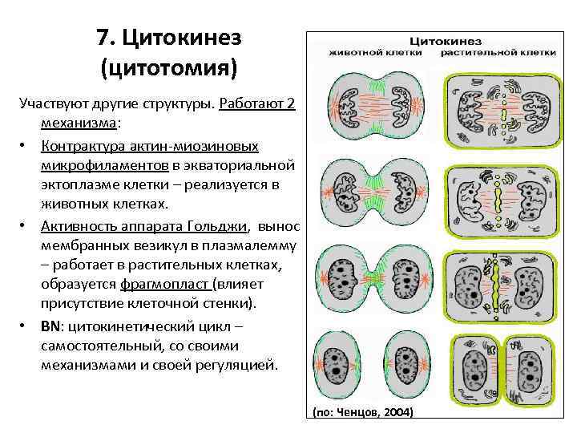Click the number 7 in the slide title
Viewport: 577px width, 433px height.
pos(102,38)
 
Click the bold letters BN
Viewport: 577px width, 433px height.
pos(51,326)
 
